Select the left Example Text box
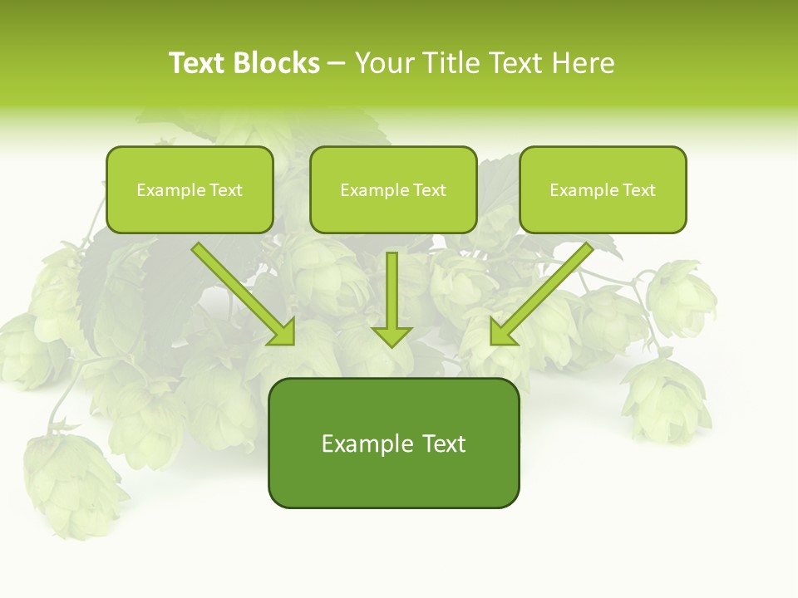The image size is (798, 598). tap(190, 189)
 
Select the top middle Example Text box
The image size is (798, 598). tap(393, 189)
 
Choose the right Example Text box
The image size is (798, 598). tap(603, 189)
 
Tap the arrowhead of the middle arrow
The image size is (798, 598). tap(392, 336)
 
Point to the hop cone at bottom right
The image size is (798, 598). tap(665, 399)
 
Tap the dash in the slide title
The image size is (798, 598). tap(337, 64)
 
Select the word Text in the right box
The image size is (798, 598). tap(638, 190)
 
